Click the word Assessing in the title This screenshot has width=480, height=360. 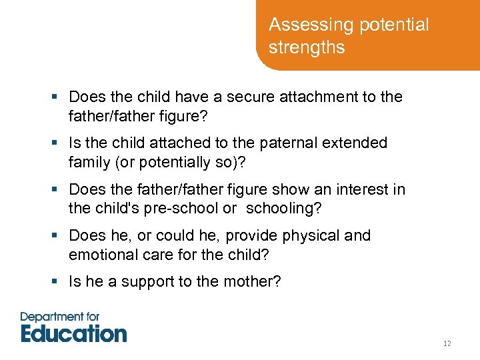click(299, 25)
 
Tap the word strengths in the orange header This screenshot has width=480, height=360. click(307, 48)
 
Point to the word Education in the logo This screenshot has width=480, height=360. click(73, 333)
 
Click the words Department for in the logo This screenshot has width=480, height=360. click(60, 317)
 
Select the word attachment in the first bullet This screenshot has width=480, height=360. click(315, 97)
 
